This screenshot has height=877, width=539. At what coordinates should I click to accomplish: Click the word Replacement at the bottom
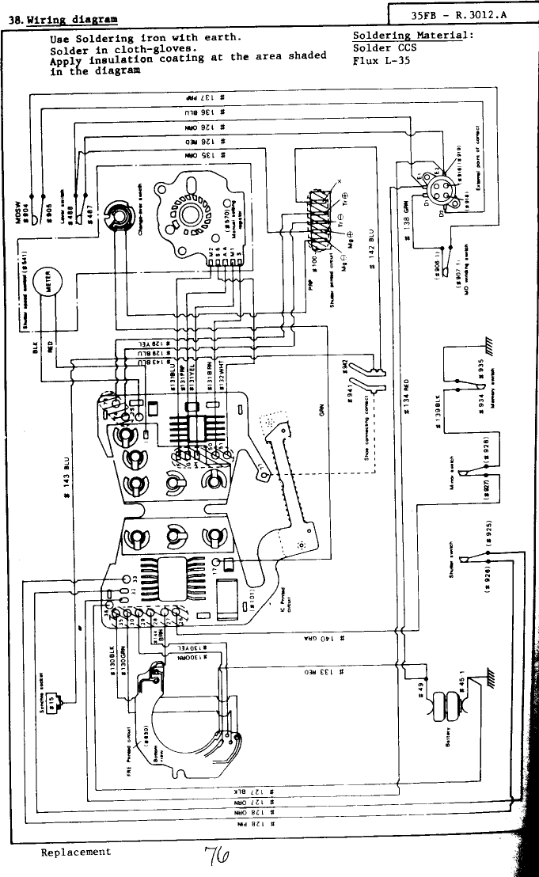coord(76,852)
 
